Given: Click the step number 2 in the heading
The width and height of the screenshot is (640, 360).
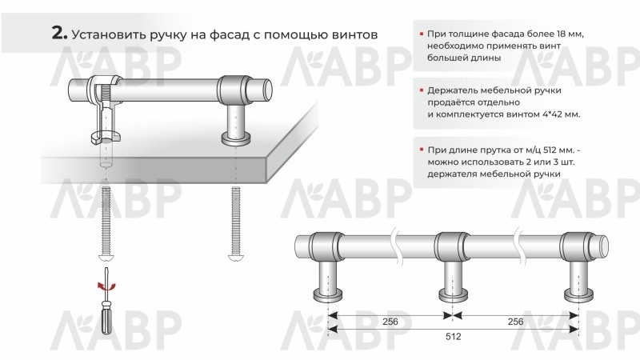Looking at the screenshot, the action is (x=59, y=33).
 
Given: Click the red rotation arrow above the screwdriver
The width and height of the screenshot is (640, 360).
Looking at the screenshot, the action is (x=106, y=286).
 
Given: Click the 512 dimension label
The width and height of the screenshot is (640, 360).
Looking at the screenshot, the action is (x=453, y=336).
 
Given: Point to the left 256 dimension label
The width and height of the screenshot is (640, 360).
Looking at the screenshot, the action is (x=390, y=322).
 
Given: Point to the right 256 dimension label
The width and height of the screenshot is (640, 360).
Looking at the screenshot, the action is (x=515, y=322).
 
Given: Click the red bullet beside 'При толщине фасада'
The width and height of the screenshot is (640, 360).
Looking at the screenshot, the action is (x=422, y=34).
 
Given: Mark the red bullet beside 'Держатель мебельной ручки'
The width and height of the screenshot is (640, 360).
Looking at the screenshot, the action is (x=422, y=90).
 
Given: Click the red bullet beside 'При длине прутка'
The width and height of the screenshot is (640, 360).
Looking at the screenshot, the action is (x=422, y=150).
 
